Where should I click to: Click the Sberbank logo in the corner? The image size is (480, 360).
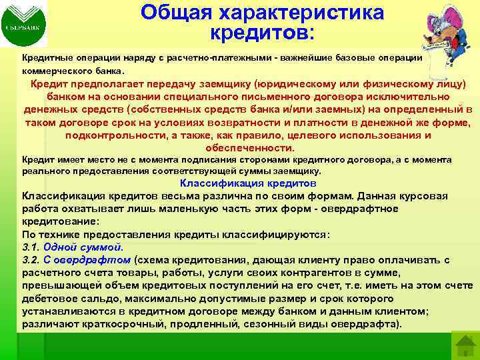pos(24,25)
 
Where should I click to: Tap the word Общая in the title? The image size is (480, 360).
pos(173,13)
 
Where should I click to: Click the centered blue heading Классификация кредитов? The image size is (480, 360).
pos(248,183)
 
